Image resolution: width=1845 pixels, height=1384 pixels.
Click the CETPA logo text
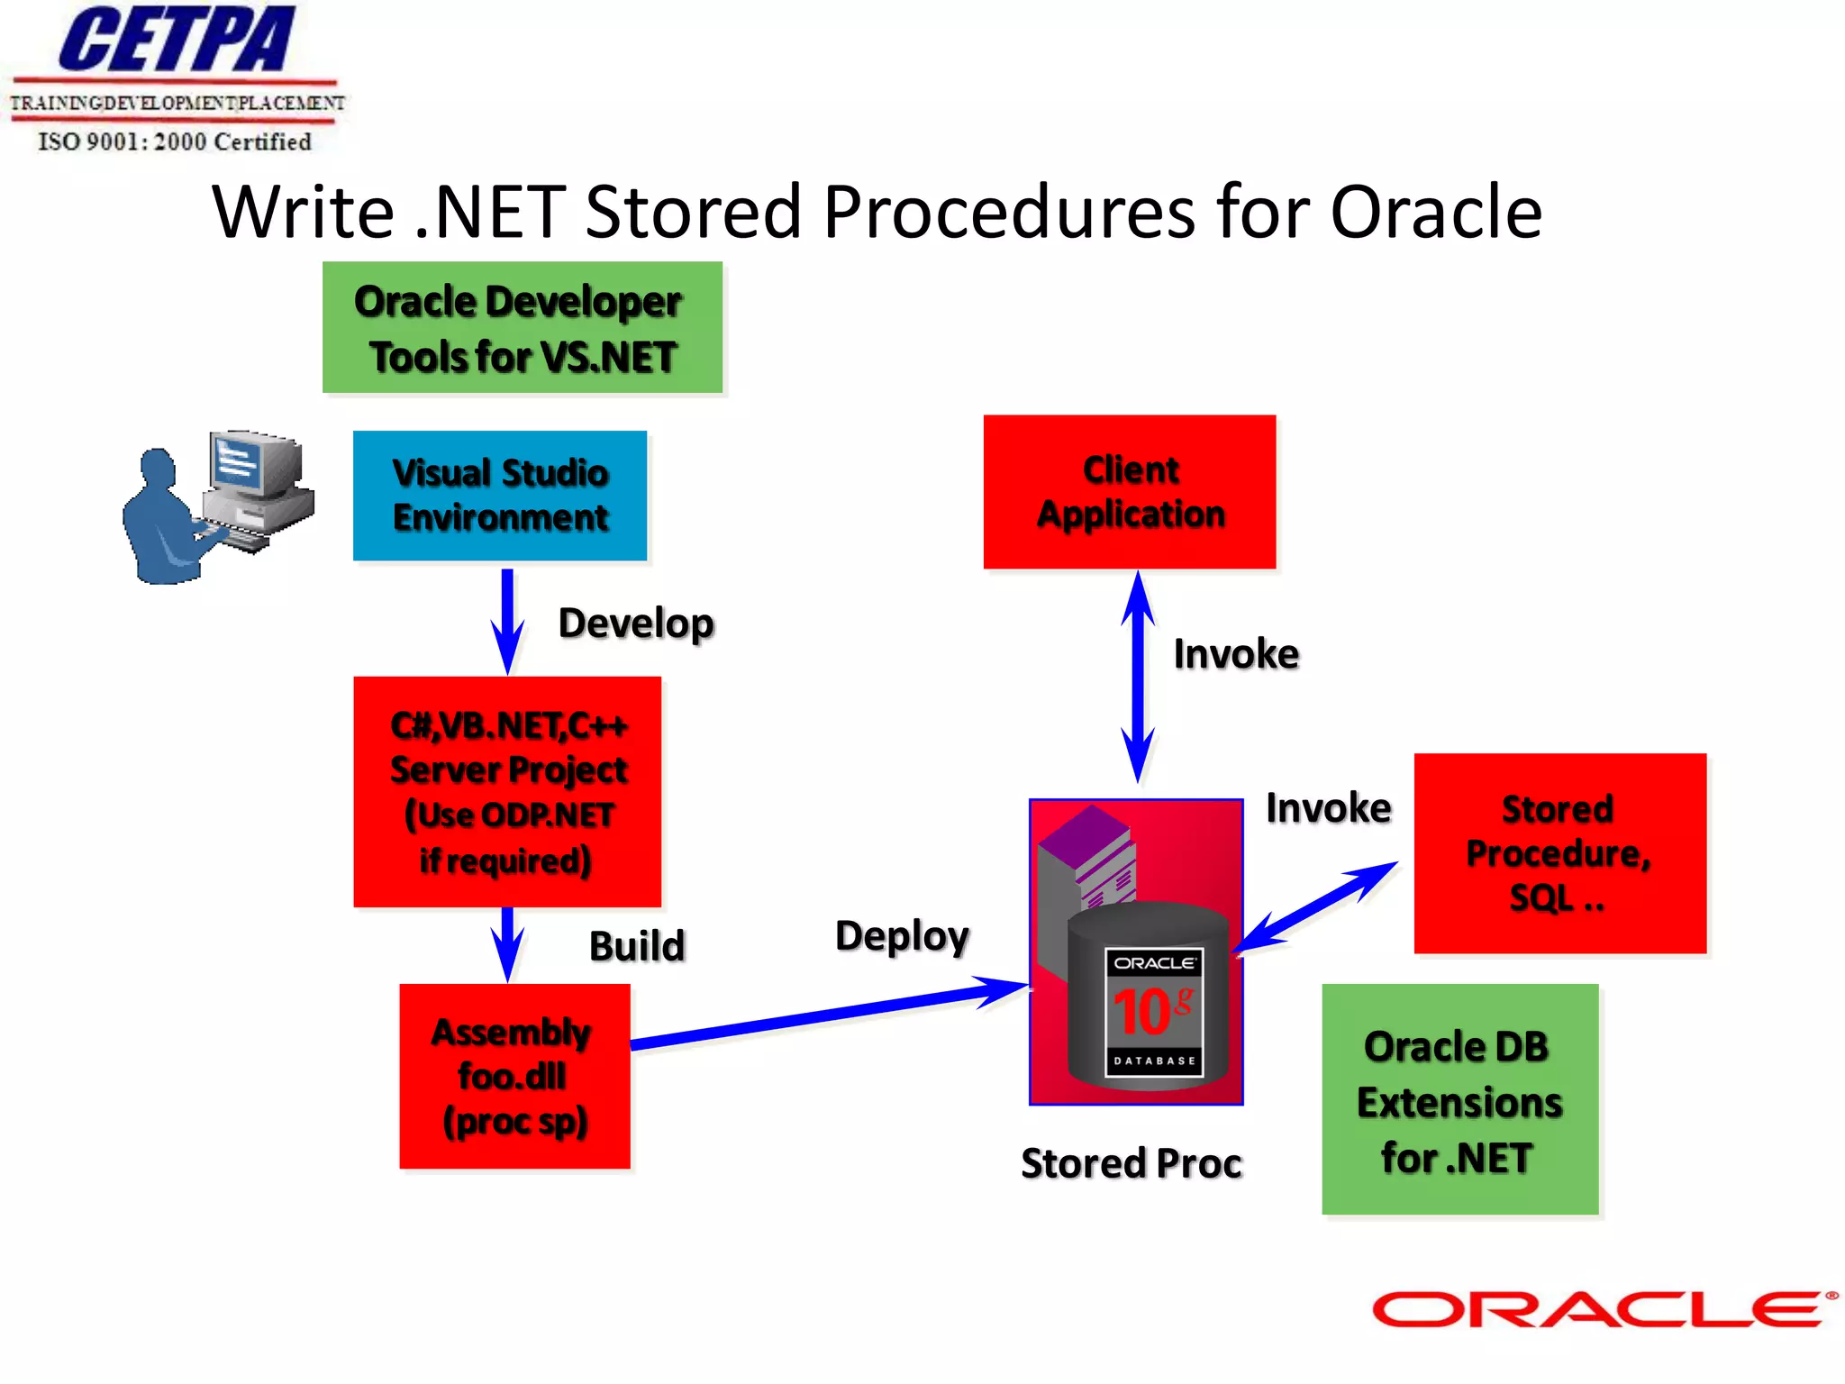tap(177, 40)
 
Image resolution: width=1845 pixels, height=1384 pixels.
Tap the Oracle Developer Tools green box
tap(522, 328)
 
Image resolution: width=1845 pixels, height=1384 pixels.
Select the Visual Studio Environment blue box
tap(500, 496)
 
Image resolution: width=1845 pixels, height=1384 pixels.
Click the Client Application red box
tap(1130, 492)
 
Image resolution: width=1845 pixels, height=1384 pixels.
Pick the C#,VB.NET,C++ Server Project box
tap(507, 791)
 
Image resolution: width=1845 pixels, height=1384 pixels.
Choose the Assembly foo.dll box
tap(514, 1076)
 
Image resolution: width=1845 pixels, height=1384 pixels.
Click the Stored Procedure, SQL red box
tap(1559, 853)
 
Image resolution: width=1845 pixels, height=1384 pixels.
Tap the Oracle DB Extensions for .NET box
tap(1459, 1099)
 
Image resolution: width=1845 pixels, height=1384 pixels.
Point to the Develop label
tap(636, 624)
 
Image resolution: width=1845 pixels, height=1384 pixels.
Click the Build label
tap(637, 946)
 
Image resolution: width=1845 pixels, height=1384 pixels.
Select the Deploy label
tap(902, 937)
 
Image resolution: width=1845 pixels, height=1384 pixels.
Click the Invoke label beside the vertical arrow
tap(1236, 654)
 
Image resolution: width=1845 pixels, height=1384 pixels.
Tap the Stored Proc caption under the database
tap(1131, 1163)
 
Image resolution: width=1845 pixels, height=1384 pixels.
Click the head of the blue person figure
tap(158, 467)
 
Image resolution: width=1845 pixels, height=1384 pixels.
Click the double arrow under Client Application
tap(1138, 676)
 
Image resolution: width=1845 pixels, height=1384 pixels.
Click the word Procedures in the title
tap(1010, 213)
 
